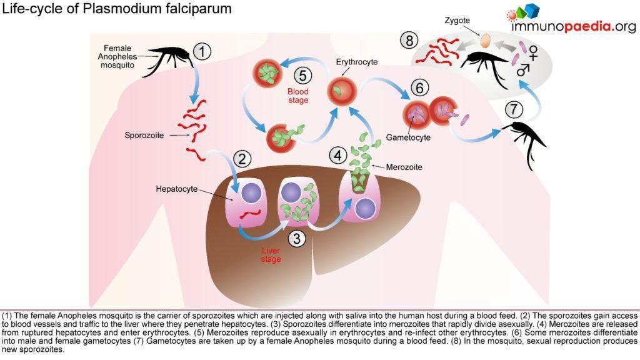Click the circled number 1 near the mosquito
point(201,51)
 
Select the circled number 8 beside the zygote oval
point(409,41)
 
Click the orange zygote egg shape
point(485,41)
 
